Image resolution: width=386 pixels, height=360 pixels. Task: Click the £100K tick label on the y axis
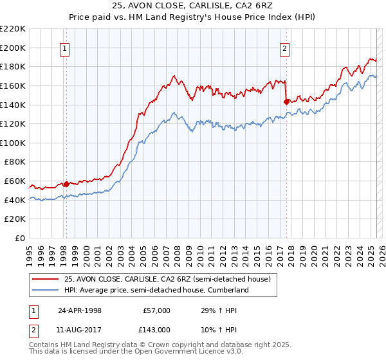(13, 143)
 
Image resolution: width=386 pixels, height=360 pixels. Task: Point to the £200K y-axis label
(13, 48)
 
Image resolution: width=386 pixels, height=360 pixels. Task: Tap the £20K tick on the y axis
(15, 219)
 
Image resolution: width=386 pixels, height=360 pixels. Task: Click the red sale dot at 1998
(66, 184)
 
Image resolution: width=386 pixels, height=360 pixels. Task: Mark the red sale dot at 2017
(286, 101)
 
